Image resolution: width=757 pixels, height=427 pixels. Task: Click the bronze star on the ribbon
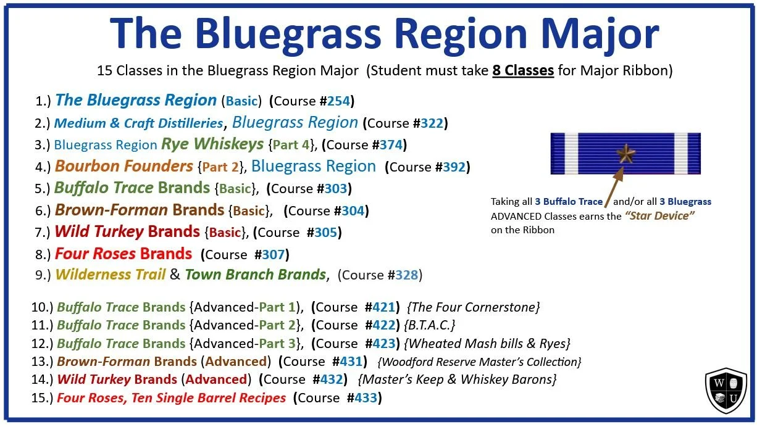(625, 153)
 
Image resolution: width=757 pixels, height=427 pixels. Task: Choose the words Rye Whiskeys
(212, 144)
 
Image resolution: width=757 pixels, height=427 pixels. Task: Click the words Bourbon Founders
(123, 166)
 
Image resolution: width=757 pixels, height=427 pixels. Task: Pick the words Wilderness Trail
(110, 275)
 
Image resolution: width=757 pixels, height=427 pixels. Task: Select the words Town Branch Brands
(255, 275)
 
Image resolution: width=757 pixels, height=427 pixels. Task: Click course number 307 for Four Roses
(273, 254)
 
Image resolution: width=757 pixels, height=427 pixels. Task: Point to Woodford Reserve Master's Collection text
(479, 362)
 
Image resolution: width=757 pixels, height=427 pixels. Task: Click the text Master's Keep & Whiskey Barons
(458, 379)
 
